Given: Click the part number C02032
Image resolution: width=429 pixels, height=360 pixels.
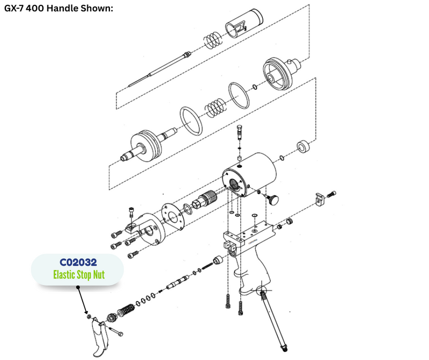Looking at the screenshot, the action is tap(78, 262).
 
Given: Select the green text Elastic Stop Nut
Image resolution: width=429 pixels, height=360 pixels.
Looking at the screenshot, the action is tap(79, 275).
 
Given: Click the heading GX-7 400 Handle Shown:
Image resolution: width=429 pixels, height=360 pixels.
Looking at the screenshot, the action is tap(58, 8).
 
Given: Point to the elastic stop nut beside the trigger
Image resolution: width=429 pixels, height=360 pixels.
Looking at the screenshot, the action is tap(88, 317).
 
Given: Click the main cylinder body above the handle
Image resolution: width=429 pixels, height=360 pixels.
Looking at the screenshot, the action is tap(249, 175).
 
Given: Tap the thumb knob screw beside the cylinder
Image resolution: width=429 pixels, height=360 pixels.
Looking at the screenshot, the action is tap(272, 199).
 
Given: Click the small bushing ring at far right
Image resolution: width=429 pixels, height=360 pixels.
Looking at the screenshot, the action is tap(304, 147).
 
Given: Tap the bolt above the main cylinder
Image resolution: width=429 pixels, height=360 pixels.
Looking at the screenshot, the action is tap(240, 132).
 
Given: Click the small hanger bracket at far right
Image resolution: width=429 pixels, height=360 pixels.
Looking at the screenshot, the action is tap(320, 199).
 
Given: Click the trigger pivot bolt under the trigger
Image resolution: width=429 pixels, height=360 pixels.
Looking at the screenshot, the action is tap(116, 331).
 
